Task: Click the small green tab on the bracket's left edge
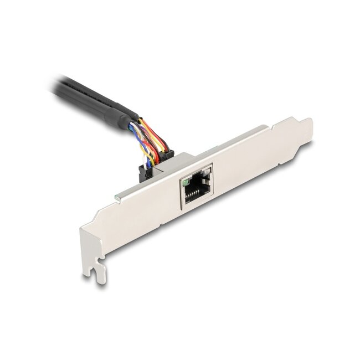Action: (116, 197)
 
